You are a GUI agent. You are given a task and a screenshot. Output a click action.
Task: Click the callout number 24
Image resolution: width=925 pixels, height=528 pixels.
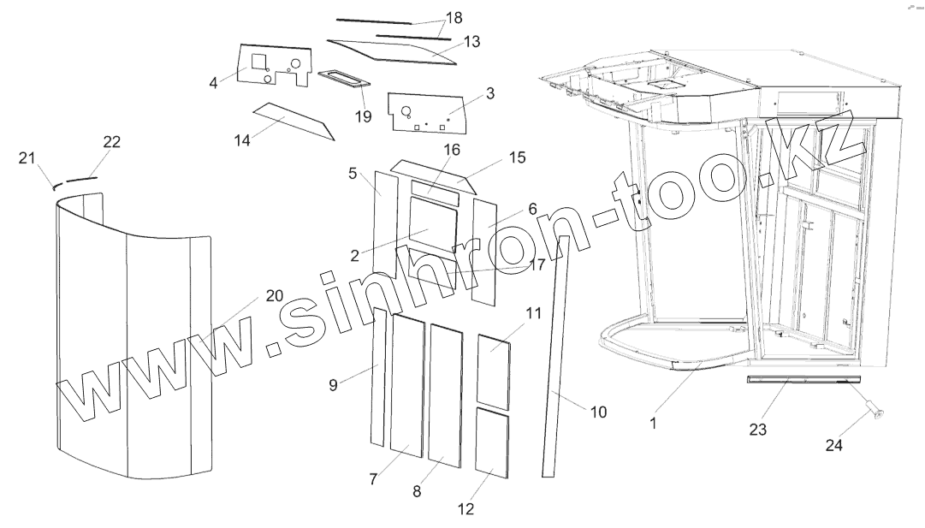834,445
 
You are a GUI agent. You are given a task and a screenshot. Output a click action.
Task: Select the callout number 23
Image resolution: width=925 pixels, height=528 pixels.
757,430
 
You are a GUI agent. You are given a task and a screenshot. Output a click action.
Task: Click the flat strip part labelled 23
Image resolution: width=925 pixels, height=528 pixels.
801,379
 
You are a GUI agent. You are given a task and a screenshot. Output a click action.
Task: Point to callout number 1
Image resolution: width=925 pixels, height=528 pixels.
653,423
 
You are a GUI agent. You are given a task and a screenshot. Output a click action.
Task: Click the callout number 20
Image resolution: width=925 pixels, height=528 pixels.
274,295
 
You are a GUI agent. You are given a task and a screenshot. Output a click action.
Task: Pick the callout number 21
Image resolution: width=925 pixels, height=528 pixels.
26,157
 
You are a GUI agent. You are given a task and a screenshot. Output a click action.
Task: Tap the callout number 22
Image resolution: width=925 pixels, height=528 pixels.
111,142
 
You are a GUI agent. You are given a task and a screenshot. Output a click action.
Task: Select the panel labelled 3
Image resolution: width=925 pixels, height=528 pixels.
428,112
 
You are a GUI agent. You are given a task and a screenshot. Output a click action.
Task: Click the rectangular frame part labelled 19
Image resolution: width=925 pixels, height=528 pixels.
344,80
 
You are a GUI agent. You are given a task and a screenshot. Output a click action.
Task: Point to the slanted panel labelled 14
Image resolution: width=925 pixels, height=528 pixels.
291,119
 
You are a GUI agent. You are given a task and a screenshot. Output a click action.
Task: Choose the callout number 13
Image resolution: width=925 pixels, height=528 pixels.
471,40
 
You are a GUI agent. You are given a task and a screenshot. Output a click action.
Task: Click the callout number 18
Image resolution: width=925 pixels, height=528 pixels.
454,18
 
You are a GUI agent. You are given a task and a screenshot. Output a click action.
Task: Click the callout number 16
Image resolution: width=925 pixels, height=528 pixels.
451,150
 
